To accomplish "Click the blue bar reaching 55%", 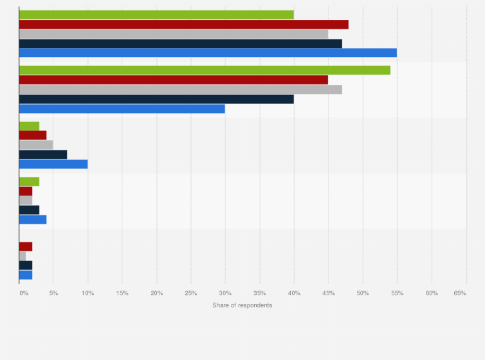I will pos(208,53).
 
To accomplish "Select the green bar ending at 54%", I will pos(205,70).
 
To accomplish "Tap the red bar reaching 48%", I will pos(184,24).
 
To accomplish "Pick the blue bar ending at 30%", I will pos(122,109).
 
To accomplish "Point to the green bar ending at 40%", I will pos(156,15).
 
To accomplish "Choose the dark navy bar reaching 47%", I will pos(181,44).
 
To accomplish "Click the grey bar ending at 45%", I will pos(174,34).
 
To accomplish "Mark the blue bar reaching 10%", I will pos(53,164).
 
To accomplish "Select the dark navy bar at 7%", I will pos(43,154).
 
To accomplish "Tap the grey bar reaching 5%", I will pos(36,145).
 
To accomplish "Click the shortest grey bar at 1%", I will pos(23,256).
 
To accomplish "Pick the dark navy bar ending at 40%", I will pos(156,99).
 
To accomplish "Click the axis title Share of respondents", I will pos(242,305).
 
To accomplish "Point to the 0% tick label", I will pos(23,293).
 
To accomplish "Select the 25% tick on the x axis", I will pos(191,293).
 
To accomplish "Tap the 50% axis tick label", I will pos(363,293).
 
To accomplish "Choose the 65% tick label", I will pos(460,293).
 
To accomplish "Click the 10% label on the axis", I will pos(88,293).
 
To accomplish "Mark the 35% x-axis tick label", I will pos(260,293).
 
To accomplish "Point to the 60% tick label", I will pos(432,293).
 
